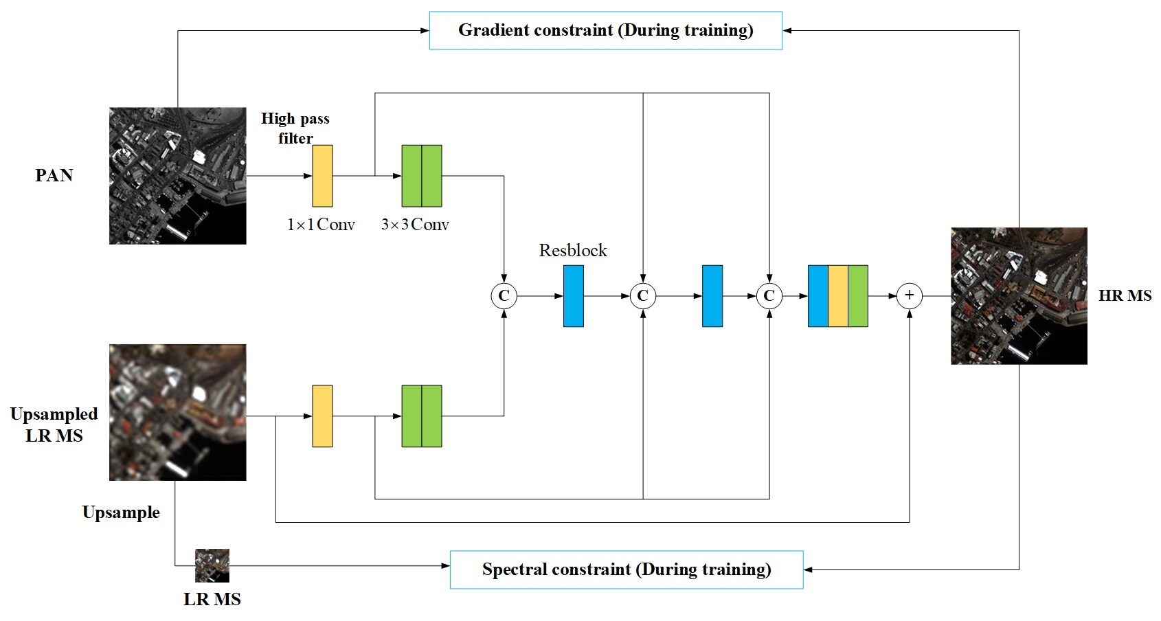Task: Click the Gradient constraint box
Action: pyautogui.click(x=605, y=30)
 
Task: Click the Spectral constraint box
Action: pyautogui.click(x=626, y=569)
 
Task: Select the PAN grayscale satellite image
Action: pyautogui.click(x=177, y=176)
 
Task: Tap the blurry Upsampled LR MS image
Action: pyautogui.click(x=177, y=412)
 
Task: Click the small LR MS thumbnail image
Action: pyautogui.click(x=212, y=566)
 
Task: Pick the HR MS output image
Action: pyautogui.click(x=1019, y=296)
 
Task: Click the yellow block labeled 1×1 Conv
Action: pyautogui.click(x=322, y=176)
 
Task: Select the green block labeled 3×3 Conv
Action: pyautogui.click(x=421, y=176)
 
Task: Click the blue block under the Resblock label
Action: pyautogui.click(x=573, y=296)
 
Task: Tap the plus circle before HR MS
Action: pyautogui.click(x=909, y=296)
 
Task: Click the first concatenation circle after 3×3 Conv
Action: pyautogui.click(x=504, y=296)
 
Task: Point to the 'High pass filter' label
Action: pyautogui.click(x=295, y=128)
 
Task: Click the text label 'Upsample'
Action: pyautogui.click(x=121, y=512)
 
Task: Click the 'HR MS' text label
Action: pyautogui.click(x=1125, y=296)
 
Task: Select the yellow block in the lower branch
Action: pyautogui.click(x=322, y=416)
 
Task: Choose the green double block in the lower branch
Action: pyautogui.click(x=421, y=416)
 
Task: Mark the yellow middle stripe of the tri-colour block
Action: pyautogui.click(x=837, y=296)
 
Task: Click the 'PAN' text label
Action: pyautogui.click(x=54, y=176)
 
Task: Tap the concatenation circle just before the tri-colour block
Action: pyautogui.click(x=769, y=296)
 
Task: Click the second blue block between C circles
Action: pyautogui.click(x=712, y=296)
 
